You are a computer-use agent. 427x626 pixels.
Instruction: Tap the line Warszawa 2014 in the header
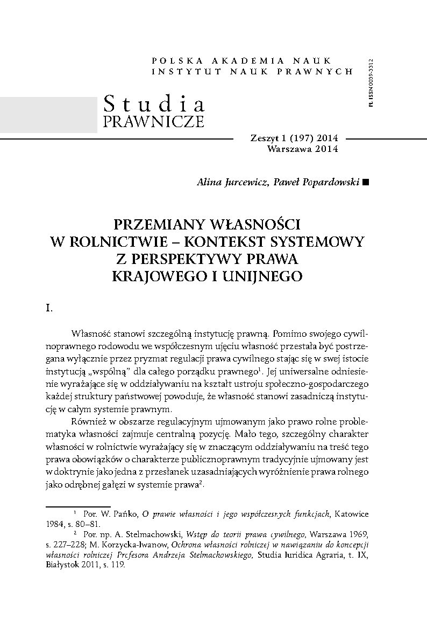[302, 149]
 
